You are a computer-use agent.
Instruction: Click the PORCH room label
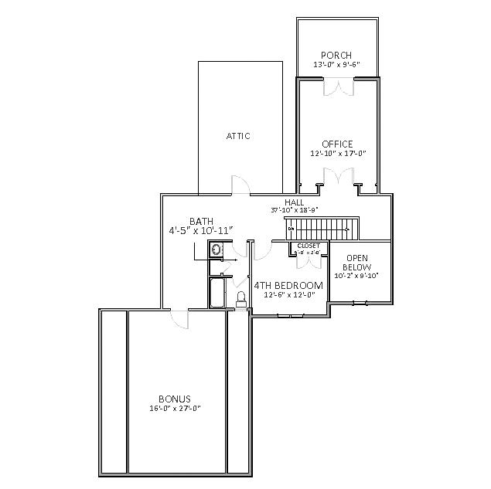click(x=337, y=56)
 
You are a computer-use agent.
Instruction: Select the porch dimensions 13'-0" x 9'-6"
click(x=337, y=65)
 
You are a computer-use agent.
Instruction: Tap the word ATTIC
click(x=238, y=136)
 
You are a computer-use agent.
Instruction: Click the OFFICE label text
click(x=337, y=144)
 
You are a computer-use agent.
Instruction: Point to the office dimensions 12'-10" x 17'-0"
click(x=337, y=154)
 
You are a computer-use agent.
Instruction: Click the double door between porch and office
click(x=339, y=88)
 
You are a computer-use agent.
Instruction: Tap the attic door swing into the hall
click(x=240, y=185)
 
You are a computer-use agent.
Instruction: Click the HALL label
click(x=294, y=202)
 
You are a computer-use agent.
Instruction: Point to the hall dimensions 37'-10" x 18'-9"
click(x=294, y=210)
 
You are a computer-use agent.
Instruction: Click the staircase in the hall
click(x=324, y=229)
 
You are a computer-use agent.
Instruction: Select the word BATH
click(x=201, y=222)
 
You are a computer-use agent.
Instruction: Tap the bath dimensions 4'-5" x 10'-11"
click(x=201, y=231)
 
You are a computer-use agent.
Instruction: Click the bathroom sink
click(x=217, y=250)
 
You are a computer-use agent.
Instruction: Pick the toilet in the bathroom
click(x=240, y=298)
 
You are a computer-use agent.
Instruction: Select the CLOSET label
click(x=309, y=246)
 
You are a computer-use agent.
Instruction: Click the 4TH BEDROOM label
click(x=288, y=286)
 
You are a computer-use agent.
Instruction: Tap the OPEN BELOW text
click(x=356, y=263)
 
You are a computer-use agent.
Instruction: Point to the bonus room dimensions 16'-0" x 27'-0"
click(x=176, y=409)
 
